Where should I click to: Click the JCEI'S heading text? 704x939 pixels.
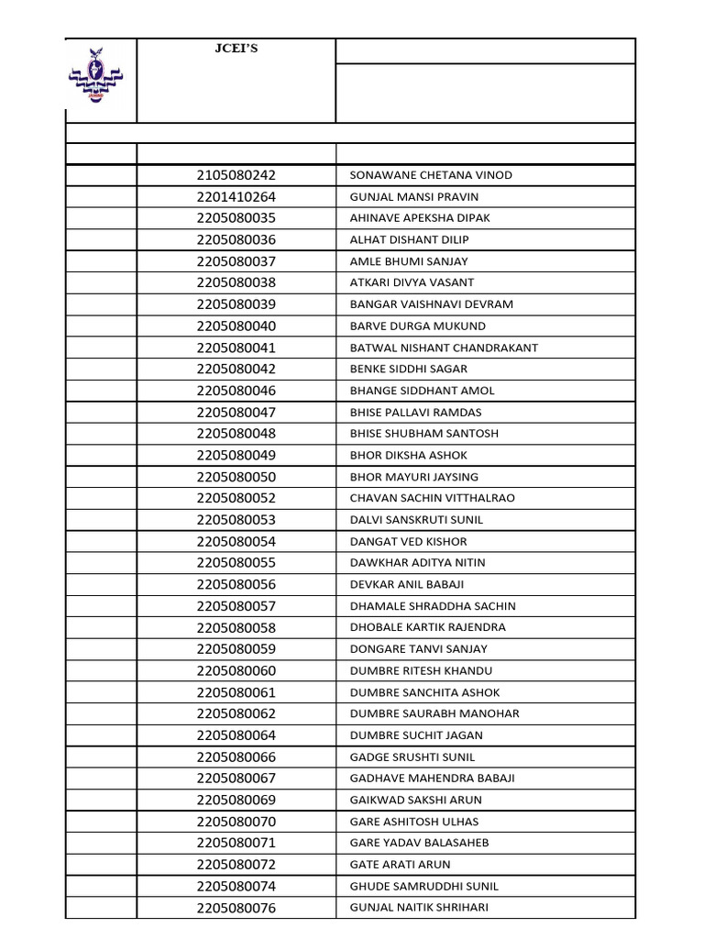pyautogui.click(x=236, y=49)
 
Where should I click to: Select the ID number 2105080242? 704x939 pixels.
pyautogui.click(x=236, y=175)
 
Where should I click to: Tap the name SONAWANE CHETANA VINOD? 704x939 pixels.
pyautogui.click(x=431, y=175)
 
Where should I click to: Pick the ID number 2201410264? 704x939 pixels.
pyautogui.click(x=236, y=197)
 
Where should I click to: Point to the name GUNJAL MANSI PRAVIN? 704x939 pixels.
pyautogui.click(x=414, y=197)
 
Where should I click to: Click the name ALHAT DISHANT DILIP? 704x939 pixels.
pyautogui.click(x=409, y=240)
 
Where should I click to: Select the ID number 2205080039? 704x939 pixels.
pyautogui.click(x=236, y=304)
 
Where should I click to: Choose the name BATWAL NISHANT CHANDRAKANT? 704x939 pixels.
pyautogui.click(x=444, y=348)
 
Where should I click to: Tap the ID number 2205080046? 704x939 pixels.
pyautogui.click(x=236, y=391)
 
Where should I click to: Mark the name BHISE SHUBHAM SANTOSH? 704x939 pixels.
pyautogui.click(x=424, y=434)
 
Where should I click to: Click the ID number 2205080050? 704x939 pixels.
pyautogui.click(x=236, y=477)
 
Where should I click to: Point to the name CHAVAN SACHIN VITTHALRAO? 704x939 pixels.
pyautogui.click(x=433, y=498)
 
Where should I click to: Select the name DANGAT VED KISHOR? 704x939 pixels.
pyautogui.click(x=408, y=542)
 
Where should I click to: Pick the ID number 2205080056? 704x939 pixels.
pyautogui.click(x=236, y=584)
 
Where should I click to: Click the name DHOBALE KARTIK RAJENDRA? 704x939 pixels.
pyautogui.click(x=428, y=627)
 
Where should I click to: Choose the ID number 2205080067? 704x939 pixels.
pyautogui.click(x=236, y=779)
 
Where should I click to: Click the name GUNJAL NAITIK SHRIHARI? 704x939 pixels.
pyautogui.click(x=419, y=908)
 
